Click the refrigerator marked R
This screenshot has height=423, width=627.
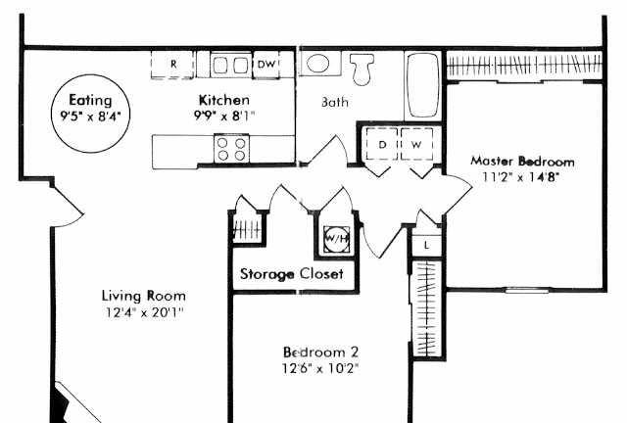[172, 65]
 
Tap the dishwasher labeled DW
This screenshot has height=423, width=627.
[266, 64]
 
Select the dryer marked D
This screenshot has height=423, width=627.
[382, 144]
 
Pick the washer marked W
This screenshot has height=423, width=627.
[416, 144]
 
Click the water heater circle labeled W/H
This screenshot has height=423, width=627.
[337, 239]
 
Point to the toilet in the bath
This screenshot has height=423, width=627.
[362, 70]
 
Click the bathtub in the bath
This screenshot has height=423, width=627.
[422, 85]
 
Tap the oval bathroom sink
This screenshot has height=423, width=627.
[317, 64]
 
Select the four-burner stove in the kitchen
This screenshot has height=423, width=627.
[231, 149]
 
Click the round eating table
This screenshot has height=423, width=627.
[91, 114]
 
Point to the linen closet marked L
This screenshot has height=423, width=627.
[427, 245]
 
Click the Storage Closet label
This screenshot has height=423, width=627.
[292, 274]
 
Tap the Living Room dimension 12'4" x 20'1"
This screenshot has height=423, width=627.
[144, 311]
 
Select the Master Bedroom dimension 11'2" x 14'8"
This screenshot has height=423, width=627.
[520, 176]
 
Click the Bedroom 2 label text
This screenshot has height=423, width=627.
[320, 352]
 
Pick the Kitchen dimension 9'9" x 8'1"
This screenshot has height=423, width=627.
[224, 116]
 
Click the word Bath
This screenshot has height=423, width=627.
[335, 103]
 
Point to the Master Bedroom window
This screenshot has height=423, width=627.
[526, 291]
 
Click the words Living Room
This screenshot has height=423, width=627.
[144, 296]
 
